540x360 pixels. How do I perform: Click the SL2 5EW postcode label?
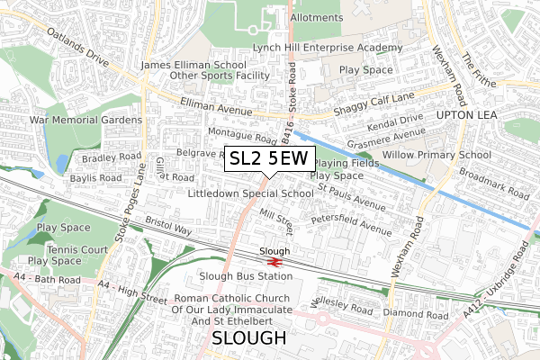269,159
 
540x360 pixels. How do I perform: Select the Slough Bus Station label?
247,275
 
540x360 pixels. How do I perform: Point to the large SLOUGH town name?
249,338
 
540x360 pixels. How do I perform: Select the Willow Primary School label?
436,155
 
